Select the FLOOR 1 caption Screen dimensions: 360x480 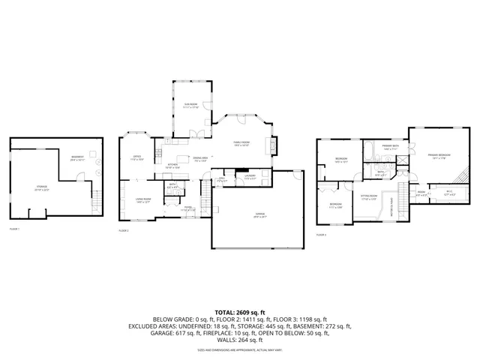tap(15, 229)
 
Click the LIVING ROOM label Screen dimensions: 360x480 tap(142, 200)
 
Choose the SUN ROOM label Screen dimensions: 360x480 tap(191, 106)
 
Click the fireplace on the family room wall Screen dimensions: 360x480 tap(272, 145)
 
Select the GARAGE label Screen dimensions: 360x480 tap(259, 214)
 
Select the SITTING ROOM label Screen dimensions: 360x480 tap(368, 199)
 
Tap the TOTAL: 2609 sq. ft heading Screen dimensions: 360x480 tap(240, 311)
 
